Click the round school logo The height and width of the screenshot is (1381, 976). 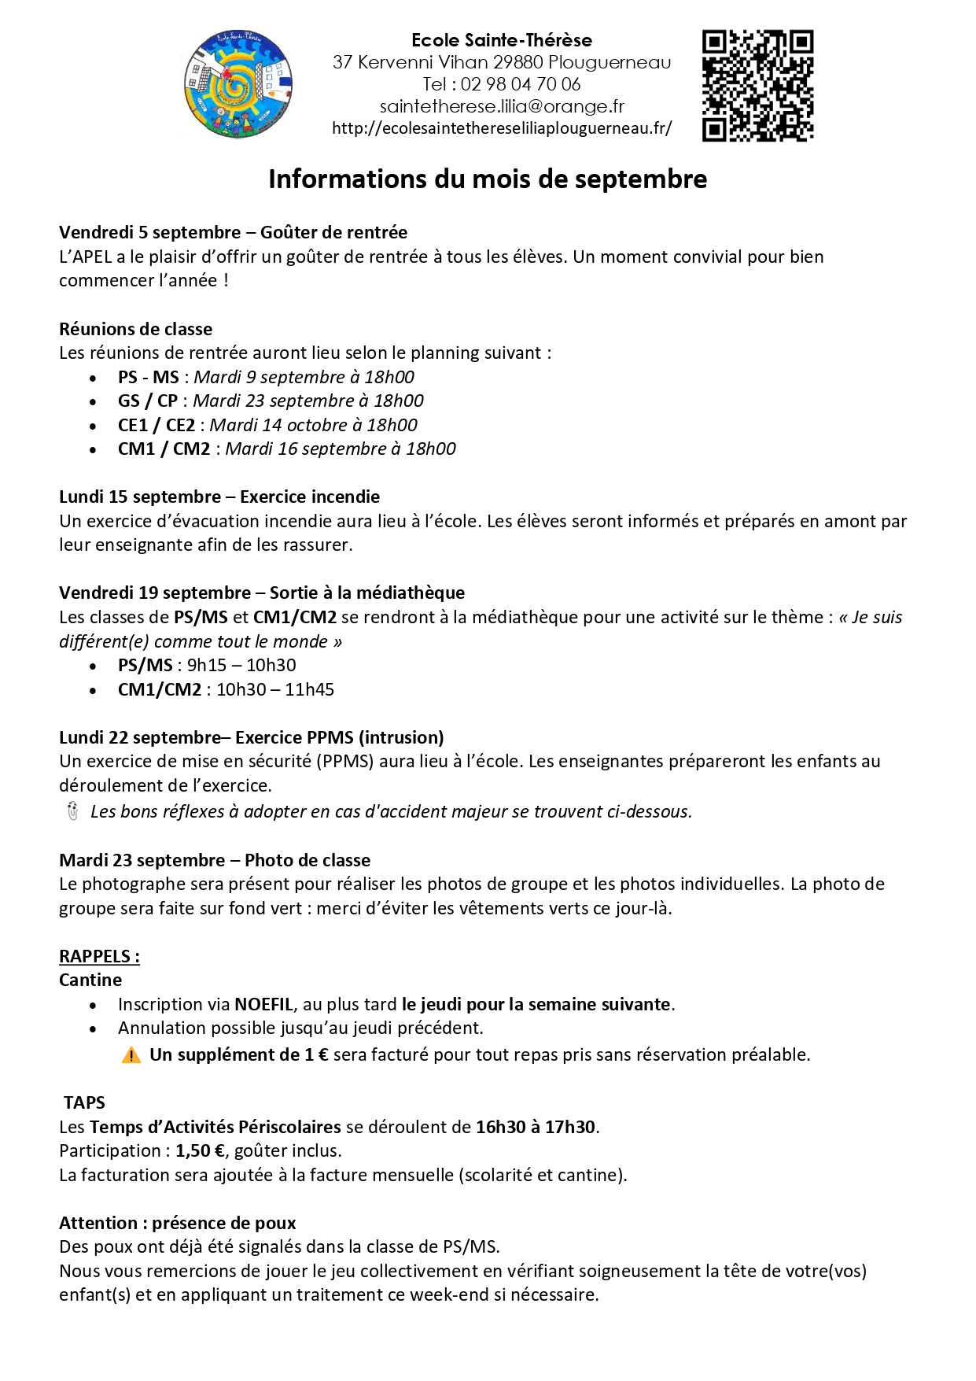(238, 84)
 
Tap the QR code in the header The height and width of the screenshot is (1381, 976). (757, 85)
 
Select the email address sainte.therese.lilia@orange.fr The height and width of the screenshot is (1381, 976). (502, 106)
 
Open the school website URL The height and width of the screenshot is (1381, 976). (502, 128)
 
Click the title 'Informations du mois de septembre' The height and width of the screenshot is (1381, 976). (488, 179)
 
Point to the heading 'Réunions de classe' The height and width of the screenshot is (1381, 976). (135, 329)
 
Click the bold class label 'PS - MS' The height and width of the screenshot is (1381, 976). (149, 377)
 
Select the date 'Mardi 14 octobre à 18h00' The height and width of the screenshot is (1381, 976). (313, 425)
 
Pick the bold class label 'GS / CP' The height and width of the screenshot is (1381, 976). (148, 401)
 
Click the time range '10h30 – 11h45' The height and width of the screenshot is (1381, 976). (275, 689)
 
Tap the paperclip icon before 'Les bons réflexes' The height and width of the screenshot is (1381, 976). (72, 811)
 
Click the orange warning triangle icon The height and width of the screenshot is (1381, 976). (131, 1055)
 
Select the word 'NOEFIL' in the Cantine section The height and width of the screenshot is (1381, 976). (264, 1004)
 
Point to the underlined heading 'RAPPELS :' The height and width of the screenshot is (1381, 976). (99, 956)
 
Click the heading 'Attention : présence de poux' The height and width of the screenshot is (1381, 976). (178, 1223)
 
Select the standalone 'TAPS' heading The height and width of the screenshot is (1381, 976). (84, 1102)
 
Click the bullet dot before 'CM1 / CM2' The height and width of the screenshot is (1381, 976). (94, 450)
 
